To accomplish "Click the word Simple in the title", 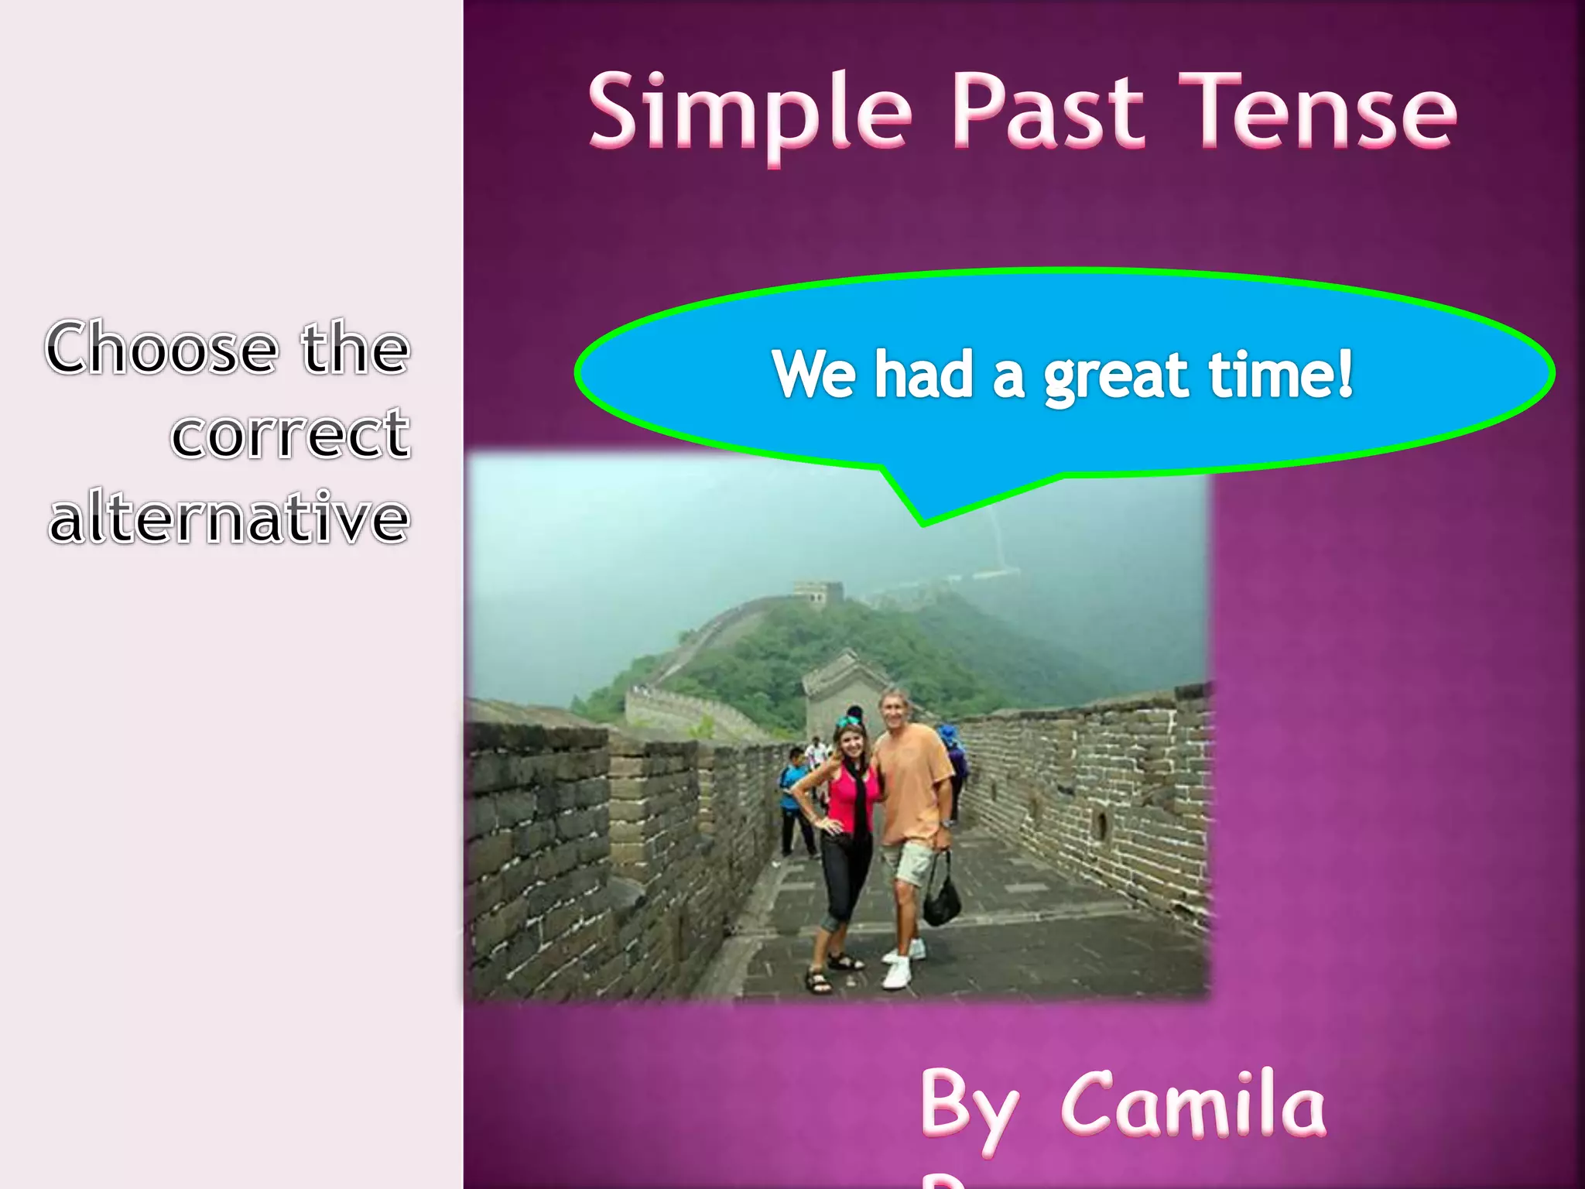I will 751,112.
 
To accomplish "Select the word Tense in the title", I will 1323,112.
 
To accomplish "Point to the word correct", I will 289,433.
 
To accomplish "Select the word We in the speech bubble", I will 813,375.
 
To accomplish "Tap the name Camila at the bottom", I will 1192,1105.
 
